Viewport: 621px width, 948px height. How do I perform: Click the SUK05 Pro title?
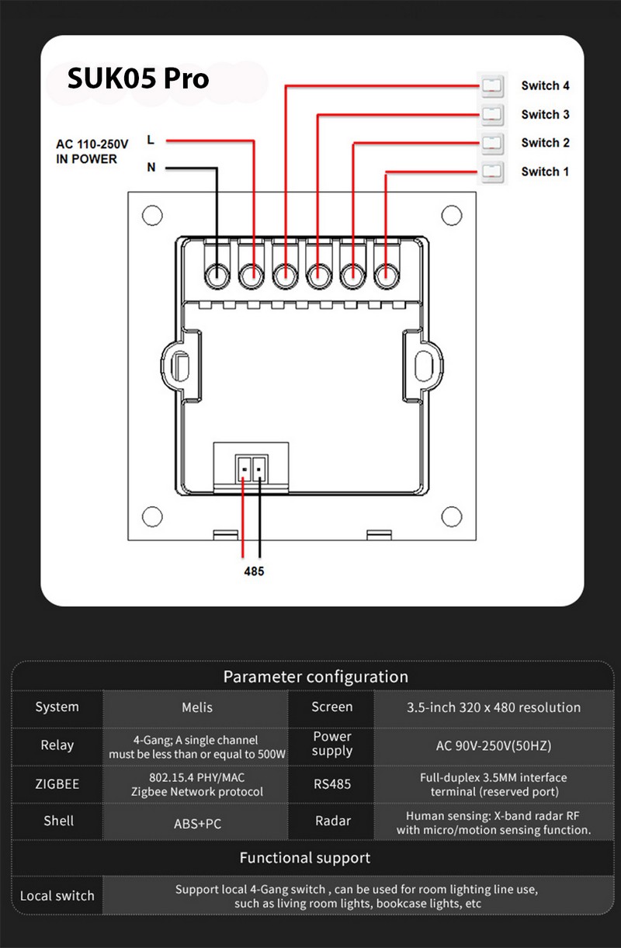click(138, 78)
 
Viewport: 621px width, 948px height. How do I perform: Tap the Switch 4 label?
click(545, 85)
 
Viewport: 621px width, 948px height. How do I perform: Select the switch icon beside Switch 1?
click(492, 172)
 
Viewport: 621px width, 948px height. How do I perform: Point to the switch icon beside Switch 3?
click(492, 114)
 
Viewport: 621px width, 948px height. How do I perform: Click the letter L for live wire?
click(151, 140)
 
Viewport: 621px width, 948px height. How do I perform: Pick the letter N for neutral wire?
click(151, 167)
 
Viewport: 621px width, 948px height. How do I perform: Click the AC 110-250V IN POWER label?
click(92, 151)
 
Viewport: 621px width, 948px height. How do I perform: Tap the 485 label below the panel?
click(254, 571)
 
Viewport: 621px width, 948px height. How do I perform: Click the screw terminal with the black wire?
click(217, 276)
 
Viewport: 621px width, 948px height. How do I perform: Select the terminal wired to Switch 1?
click(387, 276)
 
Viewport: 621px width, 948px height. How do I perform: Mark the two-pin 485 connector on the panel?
click(252, 468)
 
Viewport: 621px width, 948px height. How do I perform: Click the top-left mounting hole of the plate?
click(152, 215)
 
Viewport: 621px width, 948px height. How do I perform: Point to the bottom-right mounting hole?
click(451, 516)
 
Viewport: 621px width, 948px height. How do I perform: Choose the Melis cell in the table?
click(197, 707)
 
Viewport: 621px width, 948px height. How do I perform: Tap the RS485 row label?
click(332, 784)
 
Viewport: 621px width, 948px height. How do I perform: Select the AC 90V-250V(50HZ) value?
click(494, 745)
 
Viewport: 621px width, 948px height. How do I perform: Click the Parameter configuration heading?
click(316, 676)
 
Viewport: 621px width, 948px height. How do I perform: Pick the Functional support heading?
click(304, 858)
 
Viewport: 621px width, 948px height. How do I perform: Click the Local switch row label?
click(57, 895)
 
